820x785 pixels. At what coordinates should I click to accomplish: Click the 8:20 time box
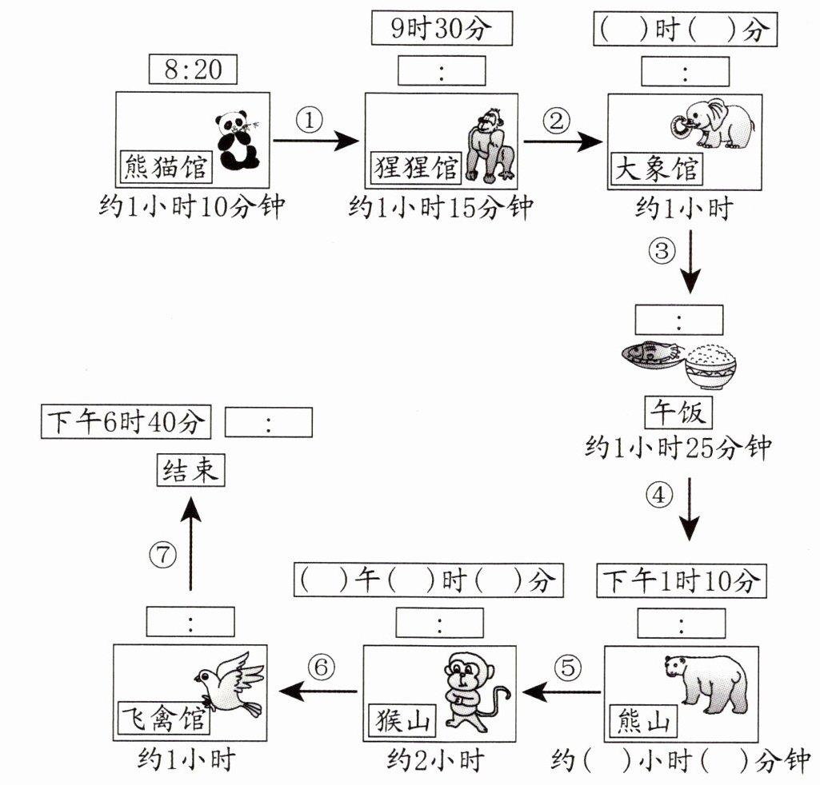[x=193, y=70]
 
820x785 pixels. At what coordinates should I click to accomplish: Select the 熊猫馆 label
[x=166, y=166]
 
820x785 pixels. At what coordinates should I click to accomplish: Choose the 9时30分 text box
[x=442, y=30]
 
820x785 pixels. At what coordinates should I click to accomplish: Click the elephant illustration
[x=714, y=123]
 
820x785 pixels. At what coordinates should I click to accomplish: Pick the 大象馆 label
[x=656, y=168]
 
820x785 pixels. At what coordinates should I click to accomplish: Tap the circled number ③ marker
[x=662, y=251]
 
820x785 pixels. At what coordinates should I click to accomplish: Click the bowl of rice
[x=710, y=366]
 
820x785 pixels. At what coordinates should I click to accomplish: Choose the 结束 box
[x=190, y=469]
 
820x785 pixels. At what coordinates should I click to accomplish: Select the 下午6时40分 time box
[x=126, y=422]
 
